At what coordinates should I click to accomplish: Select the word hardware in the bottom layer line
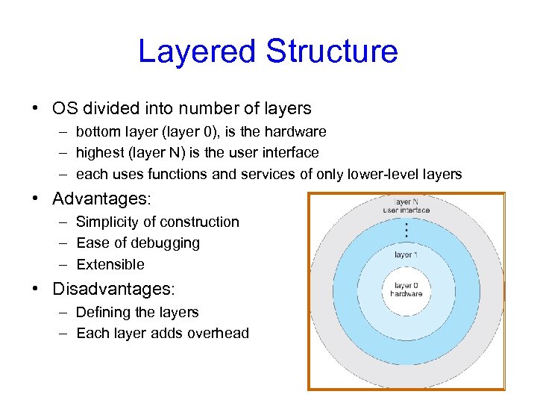(x=296, y=131)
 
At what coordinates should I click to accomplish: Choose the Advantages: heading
(x=101, y=199)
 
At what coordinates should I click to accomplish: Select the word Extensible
(x=110, y=264)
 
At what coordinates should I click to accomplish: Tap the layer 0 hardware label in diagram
(x=406, y=290)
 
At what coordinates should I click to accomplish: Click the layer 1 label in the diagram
(x=406, y=254)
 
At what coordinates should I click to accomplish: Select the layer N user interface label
(x=406, y=206)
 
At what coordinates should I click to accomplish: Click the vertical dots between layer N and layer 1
(x=406, y=230)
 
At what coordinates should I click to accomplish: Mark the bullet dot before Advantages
(x=37, y=200)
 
